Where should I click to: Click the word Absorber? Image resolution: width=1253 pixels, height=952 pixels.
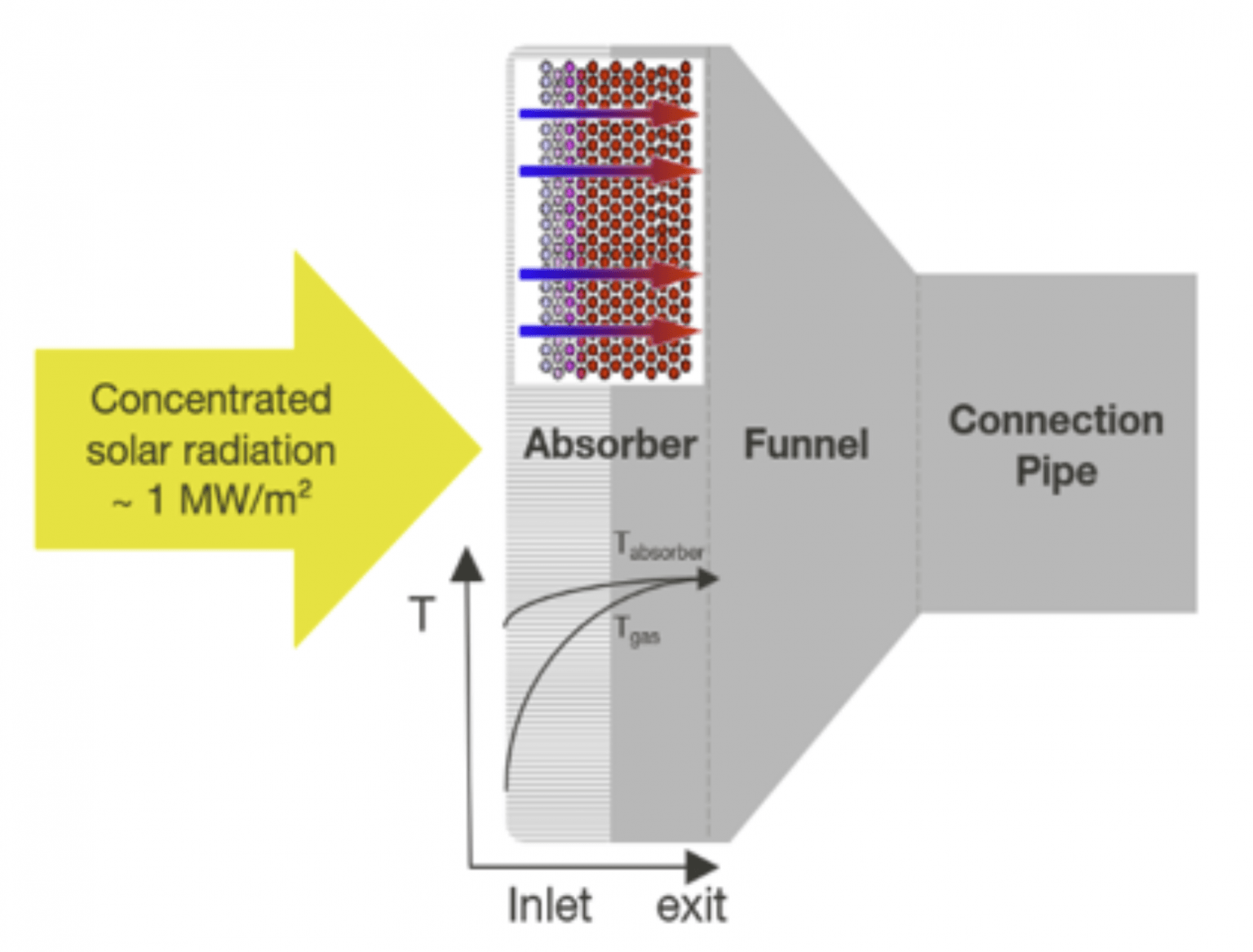(x=609, y=445)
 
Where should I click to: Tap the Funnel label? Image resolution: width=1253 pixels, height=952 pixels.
(x=806, y=445)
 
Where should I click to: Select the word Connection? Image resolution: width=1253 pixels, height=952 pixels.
(x=1056, y=420)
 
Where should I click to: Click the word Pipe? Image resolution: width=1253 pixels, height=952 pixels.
(x=1056, y=472)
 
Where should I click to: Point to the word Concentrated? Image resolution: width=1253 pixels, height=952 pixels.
(x=210, y=400)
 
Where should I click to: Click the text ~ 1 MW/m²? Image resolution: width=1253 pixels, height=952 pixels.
(x=210, y=499)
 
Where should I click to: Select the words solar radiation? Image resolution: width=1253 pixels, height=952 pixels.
(x=210, y=450)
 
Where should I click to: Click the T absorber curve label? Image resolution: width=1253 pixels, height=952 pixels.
(x=657, y=547)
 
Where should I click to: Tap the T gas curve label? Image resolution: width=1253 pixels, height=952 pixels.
(x=637, y=631)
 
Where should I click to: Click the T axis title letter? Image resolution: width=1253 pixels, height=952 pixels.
(x=422, y=613)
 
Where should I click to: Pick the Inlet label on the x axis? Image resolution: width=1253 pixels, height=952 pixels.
(x=549, y=906)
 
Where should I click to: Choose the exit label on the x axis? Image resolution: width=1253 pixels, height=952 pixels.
(x=691, y=906)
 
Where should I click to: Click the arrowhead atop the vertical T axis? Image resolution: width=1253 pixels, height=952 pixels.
(x=467, y=565)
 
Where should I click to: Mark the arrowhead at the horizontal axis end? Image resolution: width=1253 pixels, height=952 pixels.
(x=702, y=866)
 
